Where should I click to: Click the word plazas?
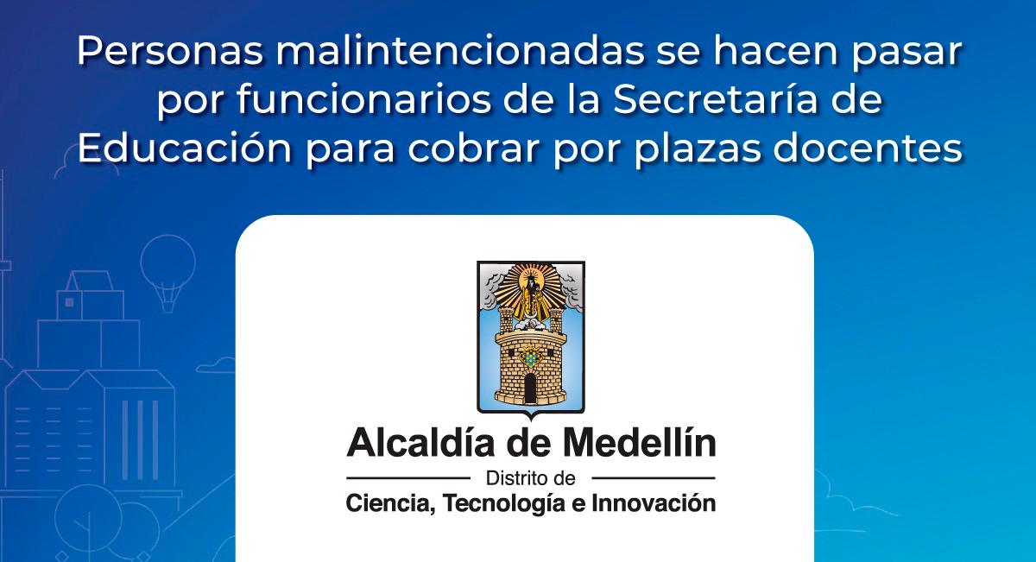[x=698, y=149]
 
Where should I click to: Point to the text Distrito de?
[x=530, y=479]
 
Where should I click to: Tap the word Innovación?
[x=654, y=503]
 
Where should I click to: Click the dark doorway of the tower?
[x=530, y=388]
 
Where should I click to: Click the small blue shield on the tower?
[x=530, y=357]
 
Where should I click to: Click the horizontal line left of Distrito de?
[x=407, y=477]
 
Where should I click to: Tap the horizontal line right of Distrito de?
[x=654, y=477]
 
